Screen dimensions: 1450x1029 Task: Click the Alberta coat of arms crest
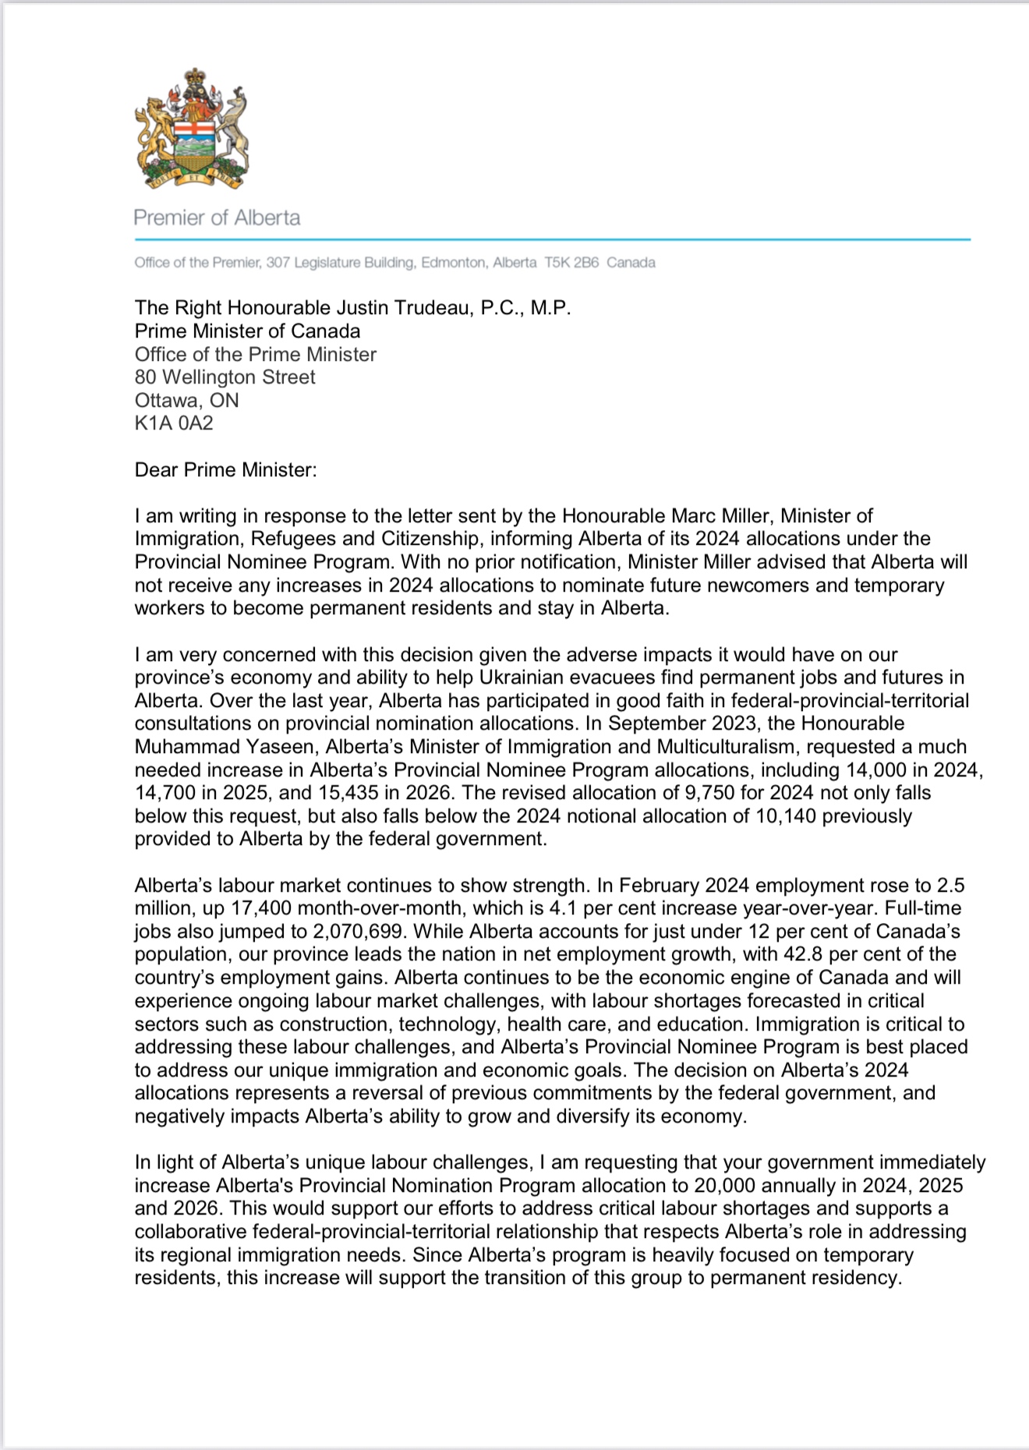click(192, 129)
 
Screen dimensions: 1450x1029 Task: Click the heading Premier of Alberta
click(217, 217)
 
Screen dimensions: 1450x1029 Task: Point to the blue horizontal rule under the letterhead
click(552, 239)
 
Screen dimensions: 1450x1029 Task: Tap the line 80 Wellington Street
click(225, 377)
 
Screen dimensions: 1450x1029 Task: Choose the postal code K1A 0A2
click(174, 423)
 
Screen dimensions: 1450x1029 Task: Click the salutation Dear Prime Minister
click(226, 470)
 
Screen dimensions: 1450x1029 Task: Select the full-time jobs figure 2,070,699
click(358, 932)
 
